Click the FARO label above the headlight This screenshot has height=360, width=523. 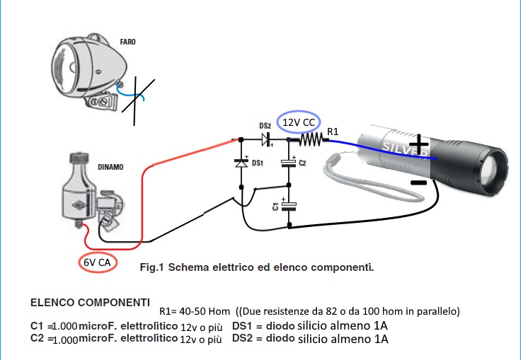click(x=128, y=42)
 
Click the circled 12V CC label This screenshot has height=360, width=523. click(x=299, y=122)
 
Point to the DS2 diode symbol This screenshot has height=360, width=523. click(x=268, y=139)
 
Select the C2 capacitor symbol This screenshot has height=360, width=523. click(x=288, y=163)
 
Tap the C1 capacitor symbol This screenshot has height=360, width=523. click(x=288, y=206)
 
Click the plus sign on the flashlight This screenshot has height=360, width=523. click(x=420, y=146)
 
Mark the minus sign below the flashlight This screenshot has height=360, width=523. click(x=419, y=182)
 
